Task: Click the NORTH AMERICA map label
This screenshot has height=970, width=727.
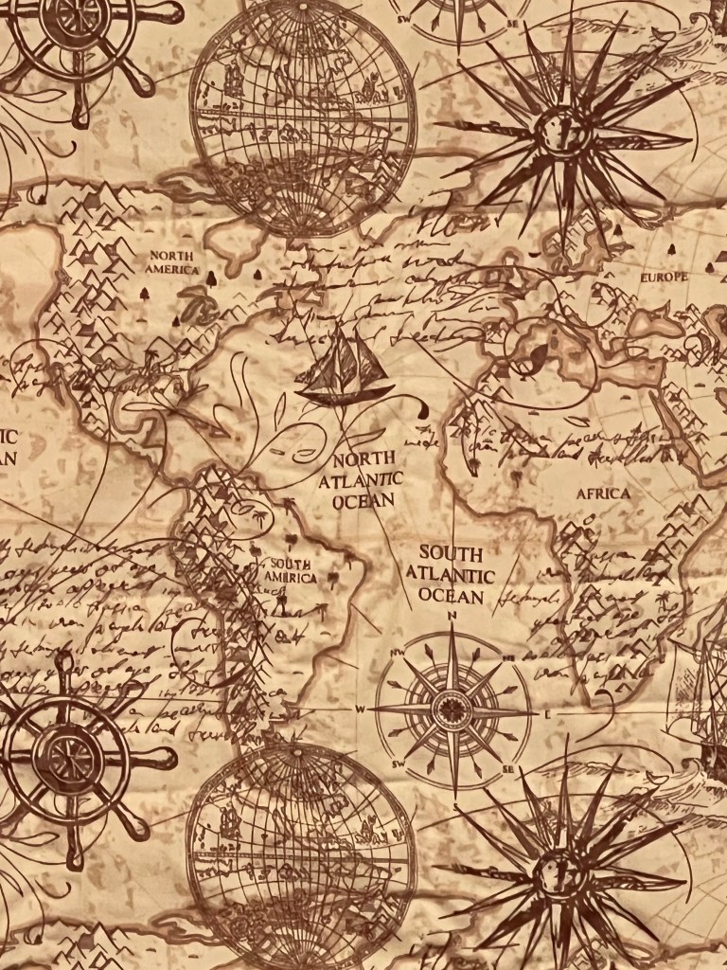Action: tap(171, 262)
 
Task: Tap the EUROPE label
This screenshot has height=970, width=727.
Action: tap(664, 278)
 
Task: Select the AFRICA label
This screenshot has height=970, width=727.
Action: tap(603, 494)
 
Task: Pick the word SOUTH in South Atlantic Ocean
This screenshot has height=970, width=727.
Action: tap(451, 552)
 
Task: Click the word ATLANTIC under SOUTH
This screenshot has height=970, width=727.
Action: tap(451, 575)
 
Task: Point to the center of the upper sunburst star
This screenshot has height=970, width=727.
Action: tap(560, 133)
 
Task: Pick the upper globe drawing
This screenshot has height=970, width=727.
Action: tap(302, 118)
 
